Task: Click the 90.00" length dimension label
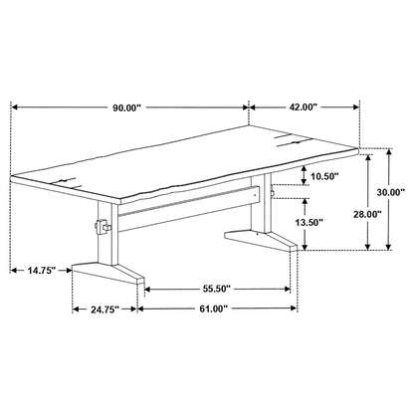coord(126,106)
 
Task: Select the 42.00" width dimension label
coord(306,106)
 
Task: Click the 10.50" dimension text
coord(323,176)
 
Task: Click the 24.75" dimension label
coord(103,309)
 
